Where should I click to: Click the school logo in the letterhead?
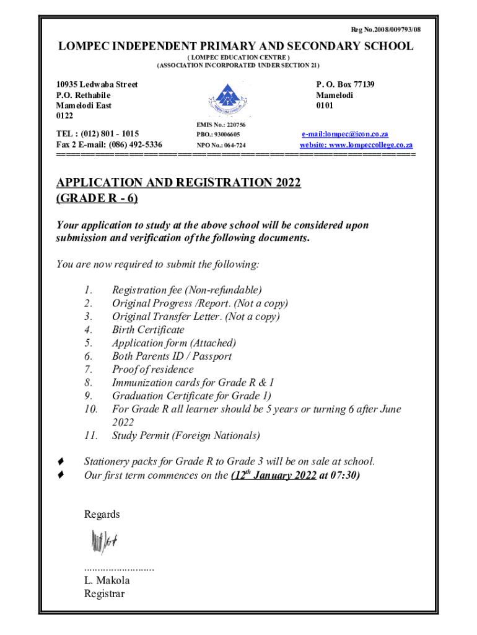point(230,99)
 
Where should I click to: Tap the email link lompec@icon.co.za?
point(345,134)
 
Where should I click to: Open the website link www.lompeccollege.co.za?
point(356,144)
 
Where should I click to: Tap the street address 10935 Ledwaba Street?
point(97,84)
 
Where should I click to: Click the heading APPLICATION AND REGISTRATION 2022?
point(178,183)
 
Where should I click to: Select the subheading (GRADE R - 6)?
point(97,198)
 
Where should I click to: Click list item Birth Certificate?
point(148,330)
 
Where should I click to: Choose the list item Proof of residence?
point(152,370)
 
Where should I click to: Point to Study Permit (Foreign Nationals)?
point(186,435)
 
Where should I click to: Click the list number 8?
point(88,383)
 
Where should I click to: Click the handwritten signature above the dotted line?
point(103,543)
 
